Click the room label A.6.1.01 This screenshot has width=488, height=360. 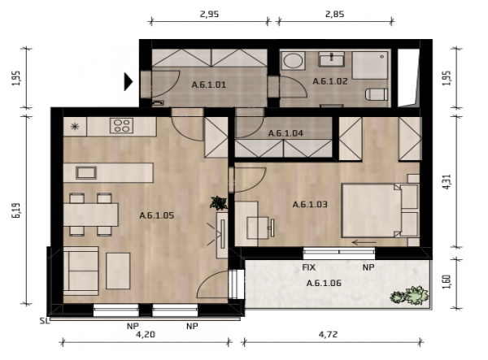[x=208, y=85]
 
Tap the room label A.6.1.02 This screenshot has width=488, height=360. [x=330, y=81]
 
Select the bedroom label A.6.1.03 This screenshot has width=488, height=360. [x=310, y=205]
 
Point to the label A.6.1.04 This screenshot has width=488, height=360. [x=285, y=133]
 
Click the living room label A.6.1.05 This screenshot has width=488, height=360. [x=156, y=215]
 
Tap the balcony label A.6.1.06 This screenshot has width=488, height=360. [x=324, y=284]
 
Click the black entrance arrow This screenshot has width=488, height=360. [x=129, y=82]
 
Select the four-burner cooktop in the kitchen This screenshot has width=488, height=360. [x=122, y=126]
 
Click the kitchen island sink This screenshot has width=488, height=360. [x=86, y=172]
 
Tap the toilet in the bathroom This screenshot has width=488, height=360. [x=376, y=94]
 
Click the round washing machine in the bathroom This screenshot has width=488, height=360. [x=293, y=61]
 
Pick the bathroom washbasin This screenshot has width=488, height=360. [x=332, y=59]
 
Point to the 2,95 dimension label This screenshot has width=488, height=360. [x=210, y=15]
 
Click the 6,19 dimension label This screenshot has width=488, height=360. [x=16, y=210]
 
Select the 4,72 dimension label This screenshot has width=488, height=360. [x=328, y=335]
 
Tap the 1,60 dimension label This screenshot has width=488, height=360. [x=447, y=281]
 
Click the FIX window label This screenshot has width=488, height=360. [x=309, y=267]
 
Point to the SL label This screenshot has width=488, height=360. [x=45, y=320]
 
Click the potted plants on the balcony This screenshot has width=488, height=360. [x=410, y=295]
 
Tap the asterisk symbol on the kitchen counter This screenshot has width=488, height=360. [x=75, y=126]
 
